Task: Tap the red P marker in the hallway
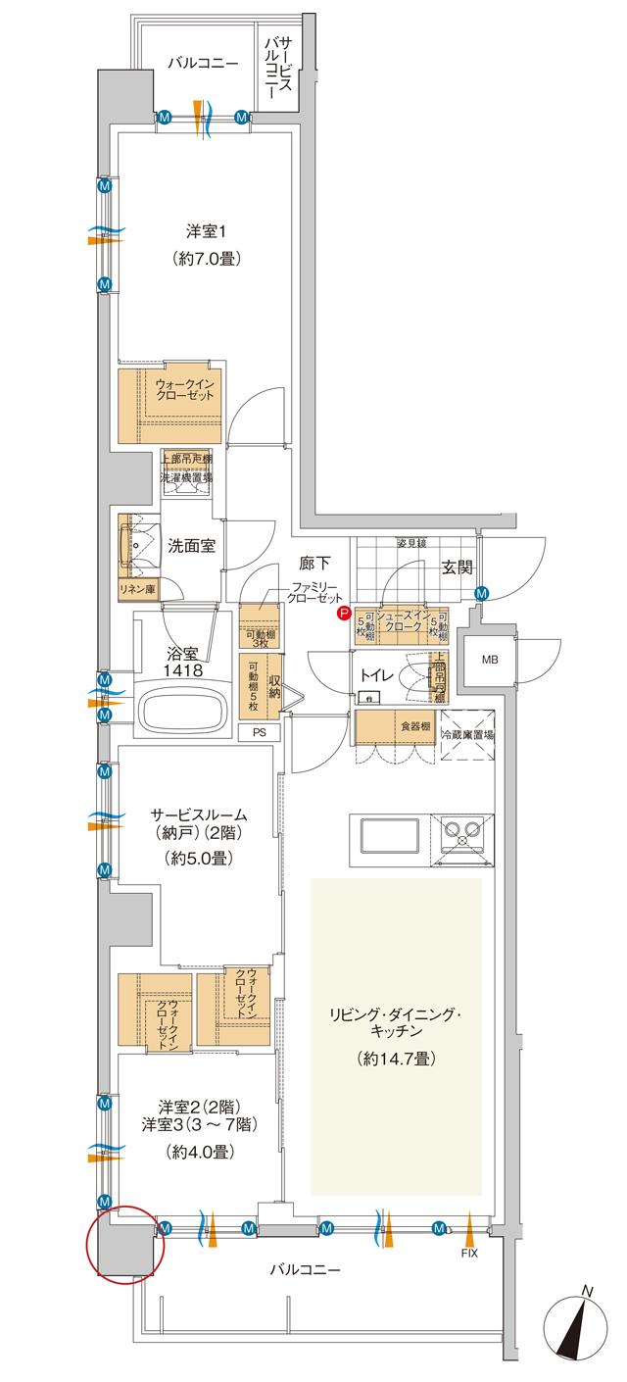point(343,614)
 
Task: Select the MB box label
point(490,660)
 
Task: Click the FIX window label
point(471,1253)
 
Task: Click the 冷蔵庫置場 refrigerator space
point(467,734)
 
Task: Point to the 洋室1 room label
point(207,232)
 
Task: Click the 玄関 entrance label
point(458,566)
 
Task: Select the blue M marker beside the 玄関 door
point(482,593)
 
